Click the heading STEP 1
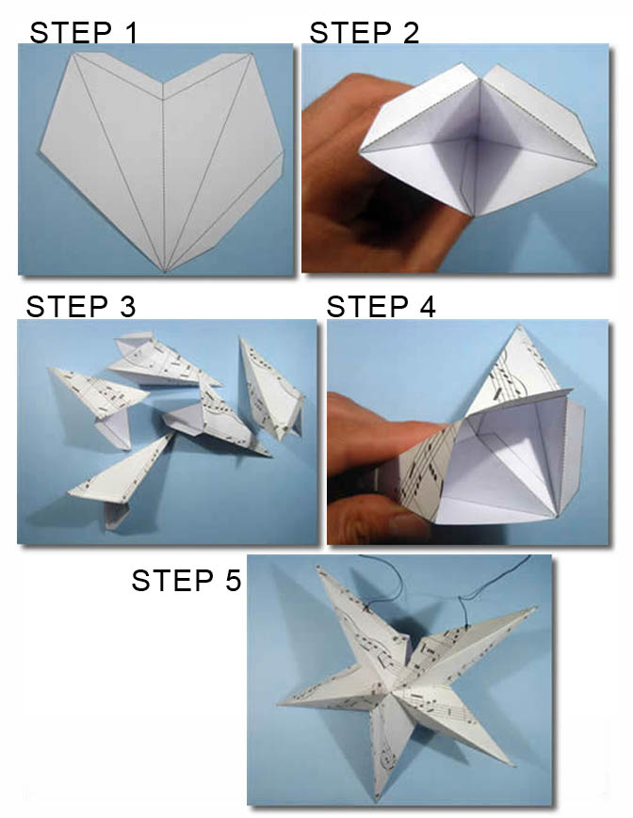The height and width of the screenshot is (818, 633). pyautogui.click(x=84, y=32)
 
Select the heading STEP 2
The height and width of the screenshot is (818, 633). pyautogui.click(x=365, y=32)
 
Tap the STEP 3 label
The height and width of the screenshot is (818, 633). pyautogui.click(x=81, y=306)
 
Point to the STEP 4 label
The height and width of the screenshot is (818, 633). pyautogui.click(x=381, y=306)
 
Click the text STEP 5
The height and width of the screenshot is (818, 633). pyautogui.click(x=187, y=580)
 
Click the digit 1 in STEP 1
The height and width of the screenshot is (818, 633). pyautogui.click(x=130, y=32)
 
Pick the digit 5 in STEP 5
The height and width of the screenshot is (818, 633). pyautogui.click(x=234, y=580)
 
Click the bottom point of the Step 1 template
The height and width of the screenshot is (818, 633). pyautogui.click(x=165, y=272)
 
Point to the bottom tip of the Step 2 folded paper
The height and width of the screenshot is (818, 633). pyautogui.click(x=472, y=215)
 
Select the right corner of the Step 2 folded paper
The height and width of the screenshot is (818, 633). pyautogui.click(x=595, y=165)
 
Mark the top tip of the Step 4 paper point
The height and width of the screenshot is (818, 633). pyautogui.click(x=519, y=327)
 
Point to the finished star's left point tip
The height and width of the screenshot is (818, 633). pyautogui.click(x=279, y=704)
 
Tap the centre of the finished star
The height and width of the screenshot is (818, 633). pyautogui.click(x=400, y=687)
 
